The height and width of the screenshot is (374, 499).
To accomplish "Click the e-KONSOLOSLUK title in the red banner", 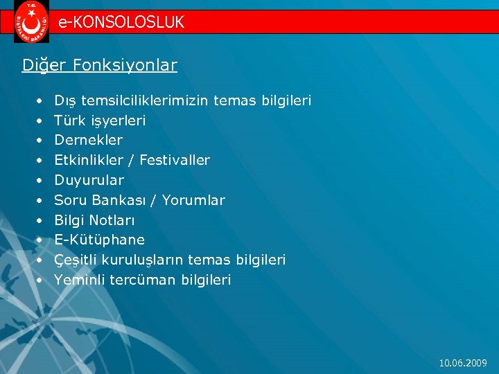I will click(121, 22).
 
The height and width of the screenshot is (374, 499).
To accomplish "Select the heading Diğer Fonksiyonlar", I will click(100, 65).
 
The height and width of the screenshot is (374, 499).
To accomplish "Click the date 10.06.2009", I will click(464, 363).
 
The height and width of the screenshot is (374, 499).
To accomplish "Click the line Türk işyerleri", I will click(100, 121).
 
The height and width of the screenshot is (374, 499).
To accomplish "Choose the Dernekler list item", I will click(88, 140).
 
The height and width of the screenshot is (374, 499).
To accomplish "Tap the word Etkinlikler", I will click(89, 160).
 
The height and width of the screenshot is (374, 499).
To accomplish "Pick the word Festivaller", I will click(175, 160).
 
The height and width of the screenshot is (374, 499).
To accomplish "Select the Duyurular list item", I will click(89, 180).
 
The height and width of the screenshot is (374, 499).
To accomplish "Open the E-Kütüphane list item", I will click(99, 240).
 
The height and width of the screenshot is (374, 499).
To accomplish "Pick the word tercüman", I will click(136, 280).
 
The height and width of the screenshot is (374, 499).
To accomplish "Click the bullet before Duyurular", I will click(40, 180).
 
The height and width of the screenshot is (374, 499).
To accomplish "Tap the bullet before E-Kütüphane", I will click(40, 240).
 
